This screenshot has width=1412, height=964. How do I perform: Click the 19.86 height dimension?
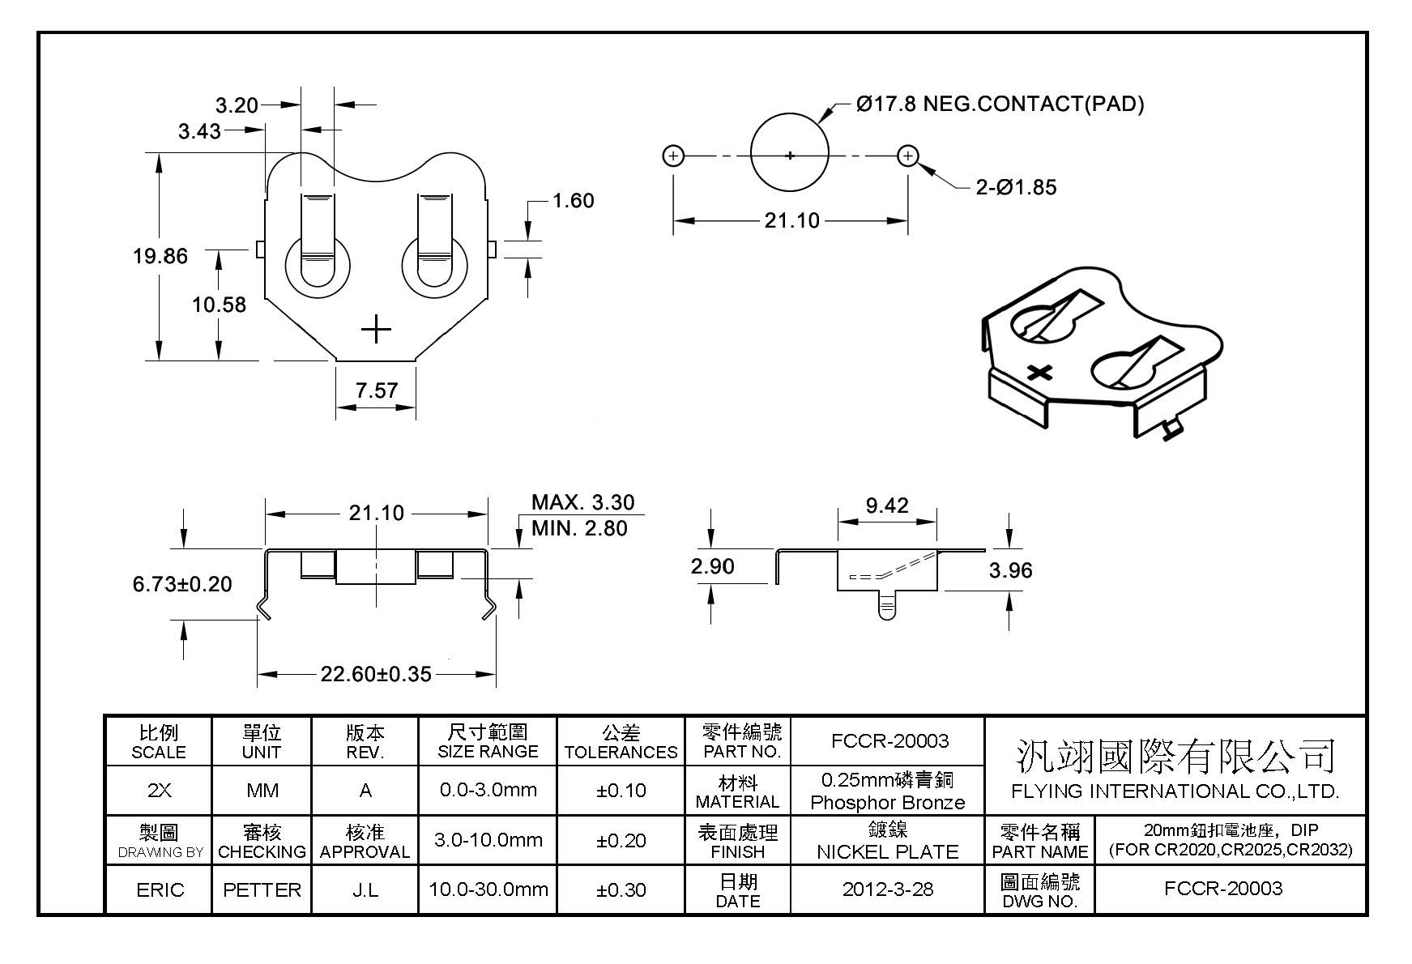click(x=160, y=256)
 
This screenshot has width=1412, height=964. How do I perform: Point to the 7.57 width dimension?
click(x=377, y=390)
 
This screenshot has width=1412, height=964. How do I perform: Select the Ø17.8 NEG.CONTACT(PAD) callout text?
click(x=1000, y=104)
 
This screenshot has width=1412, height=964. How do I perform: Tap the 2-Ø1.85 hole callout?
click(x=1016, y=187)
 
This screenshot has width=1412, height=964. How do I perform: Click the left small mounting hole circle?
click(x=673, y=156)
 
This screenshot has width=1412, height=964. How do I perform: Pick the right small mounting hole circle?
click(x=908, y=156)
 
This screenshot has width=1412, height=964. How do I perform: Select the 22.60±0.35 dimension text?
click(x=376, y=674)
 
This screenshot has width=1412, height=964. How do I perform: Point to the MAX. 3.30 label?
click(x=582, y=502)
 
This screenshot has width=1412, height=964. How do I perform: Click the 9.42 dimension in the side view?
click(x=887, y=505)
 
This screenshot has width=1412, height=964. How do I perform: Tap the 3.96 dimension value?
click(x=1010, y=570)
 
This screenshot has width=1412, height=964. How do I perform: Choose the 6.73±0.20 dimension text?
click(x=182, y=584)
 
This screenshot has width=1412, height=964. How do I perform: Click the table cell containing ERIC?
click(x=160, y=889)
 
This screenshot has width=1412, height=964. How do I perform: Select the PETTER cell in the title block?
click(x=262, y=889)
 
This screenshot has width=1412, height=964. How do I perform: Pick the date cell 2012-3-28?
click(x=887, y=889)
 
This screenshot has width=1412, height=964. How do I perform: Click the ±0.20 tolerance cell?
click(x=621, y=841)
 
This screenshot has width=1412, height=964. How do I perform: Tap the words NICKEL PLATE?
click(x=887, y=851)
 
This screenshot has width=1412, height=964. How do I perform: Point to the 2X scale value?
click(x=160, y=790)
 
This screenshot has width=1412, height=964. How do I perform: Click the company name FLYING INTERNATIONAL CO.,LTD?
click(x=1175, y=791)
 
